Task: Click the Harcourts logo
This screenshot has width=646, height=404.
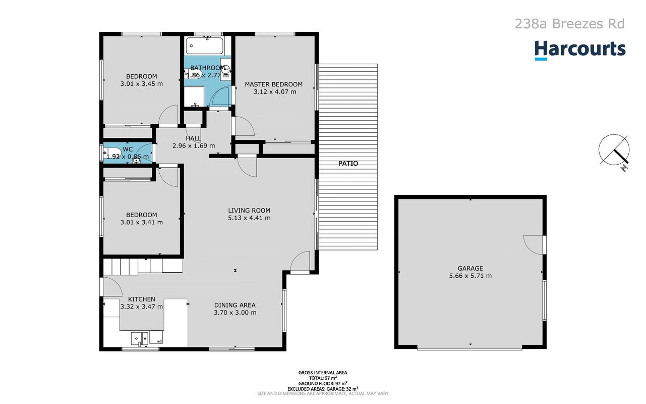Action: pos(580,50)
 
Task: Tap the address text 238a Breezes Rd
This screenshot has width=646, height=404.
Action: pos(569,24)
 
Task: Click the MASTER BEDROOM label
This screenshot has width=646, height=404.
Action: pos(274,84)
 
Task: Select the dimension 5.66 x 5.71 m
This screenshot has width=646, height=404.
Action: pos(471,276)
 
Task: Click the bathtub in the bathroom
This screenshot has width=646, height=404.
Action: pos(204,45)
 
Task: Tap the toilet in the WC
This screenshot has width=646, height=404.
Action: pos(112,153)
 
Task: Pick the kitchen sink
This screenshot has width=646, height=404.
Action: pos(140,338)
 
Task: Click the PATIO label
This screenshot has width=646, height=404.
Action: pos(348,164)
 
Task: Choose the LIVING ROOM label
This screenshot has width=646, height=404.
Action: pos(249,211)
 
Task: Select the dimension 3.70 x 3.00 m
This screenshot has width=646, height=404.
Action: pos(235,313)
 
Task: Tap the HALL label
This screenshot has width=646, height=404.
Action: pos(193,138)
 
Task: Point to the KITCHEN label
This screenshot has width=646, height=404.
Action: pos(142,299)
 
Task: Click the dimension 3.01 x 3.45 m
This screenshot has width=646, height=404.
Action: pos(142,84)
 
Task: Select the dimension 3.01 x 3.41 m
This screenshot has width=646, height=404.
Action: pos(142,222)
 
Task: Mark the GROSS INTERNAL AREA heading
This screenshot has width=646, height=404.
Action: pos(323,373)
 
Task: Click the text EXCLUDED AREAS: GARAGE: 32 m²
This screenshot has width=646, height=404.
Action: pos(323,389)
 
